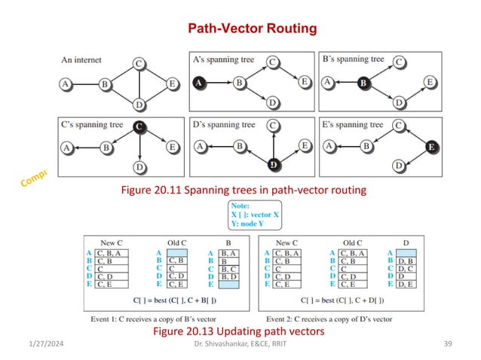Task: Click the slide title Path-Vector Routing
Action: pyautogui.click(x=253, y=29)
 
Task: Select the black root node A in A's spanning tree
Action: pyautogui.click(x=200, y=83)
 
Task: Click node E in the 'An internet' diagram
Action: pyautogui.click(x=173, y=83)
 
